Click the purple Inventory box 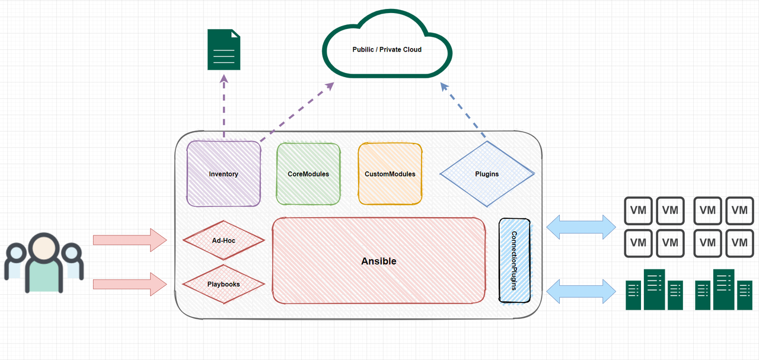(224, 174)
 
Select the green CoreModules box (308, 174)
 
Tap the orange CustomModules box (390, 174)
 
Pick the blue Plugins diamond (487, 174)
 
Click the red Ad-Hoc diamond (224, 241)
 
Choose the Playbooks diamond (224, 284)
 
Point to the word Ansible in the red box (379, 261)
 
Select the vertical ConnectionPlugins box (514, 260)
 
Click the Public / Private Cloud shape (387, 49)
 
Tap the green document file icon (224, 50)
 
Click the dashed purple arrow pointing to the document (224, 107)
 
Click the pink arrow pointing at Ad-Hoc (130, 240)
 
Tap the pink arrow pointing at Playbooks (130, 284)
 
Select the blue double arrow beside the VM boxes (581, 227)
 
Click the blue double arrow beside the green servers (581, 291)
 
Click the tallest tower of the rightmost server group (723, 289)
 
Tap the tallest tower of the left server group (654, 289)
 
